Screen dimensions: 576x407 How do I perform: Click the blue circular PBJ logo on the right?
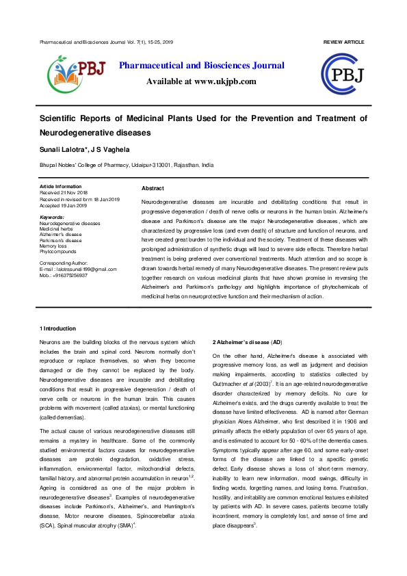346,75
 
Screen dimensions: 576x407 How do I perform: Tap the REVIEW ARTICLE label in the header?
343,42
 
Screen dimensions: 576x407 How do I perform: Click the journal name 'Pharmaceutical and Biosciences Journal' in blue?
202,66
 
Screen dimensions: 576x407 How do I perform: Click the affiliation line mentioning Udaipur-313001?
127,166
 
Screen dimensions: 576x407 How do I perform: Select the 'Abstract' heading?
153,188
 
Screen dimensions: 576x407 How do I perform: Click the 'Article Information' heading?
60,186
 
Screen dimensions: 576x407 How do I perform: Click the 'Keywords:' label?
53,217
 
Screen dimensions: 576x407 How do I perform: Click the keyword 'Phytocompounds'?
59,251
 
